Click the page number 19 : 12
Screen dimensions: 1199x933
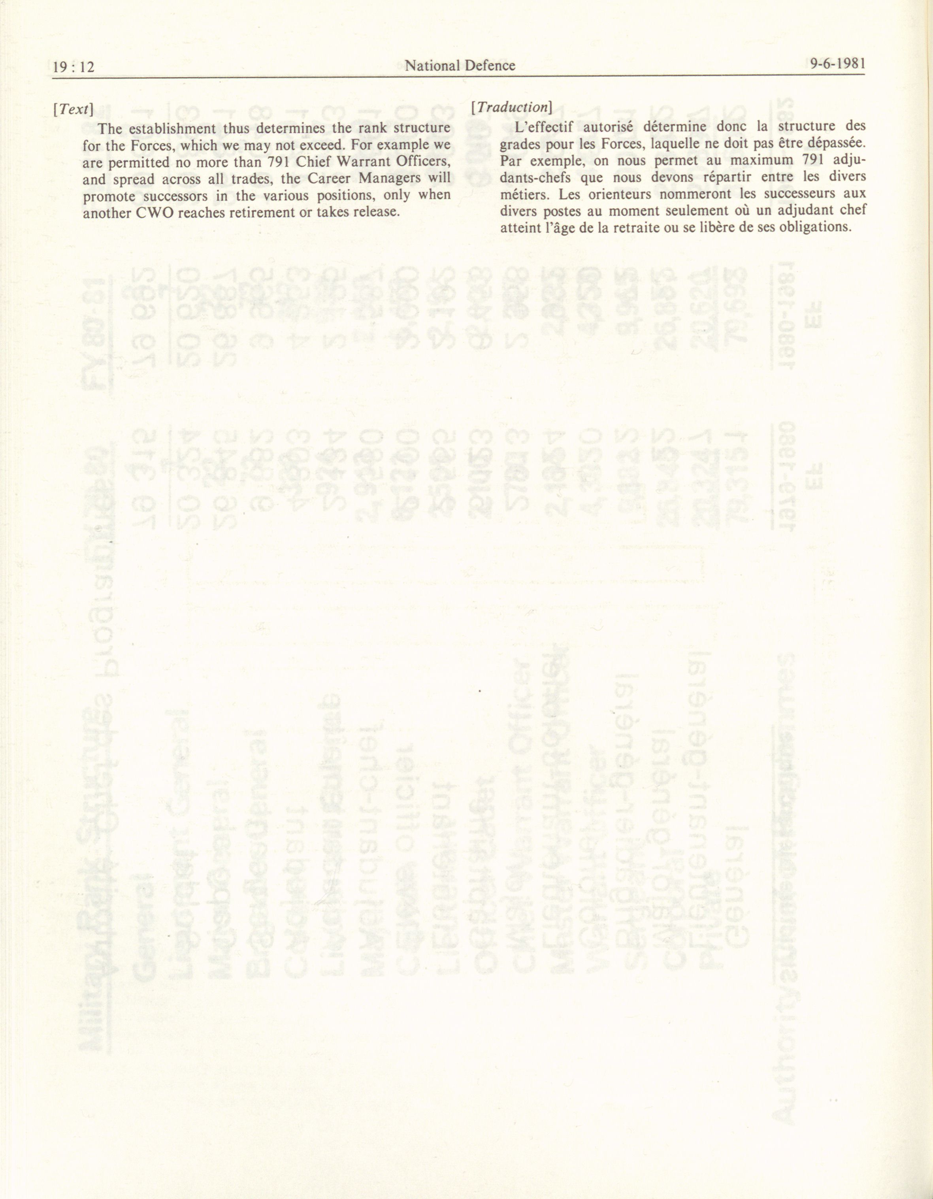(74, 67)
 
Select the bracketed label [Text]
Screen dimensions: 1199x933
(72, 109)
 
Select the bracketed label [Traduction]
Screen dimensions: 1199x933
(511, 107)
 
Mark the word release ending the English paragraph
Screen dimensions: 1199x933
(375, 211)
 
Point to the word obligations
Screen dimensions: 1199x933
(815, 227)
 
